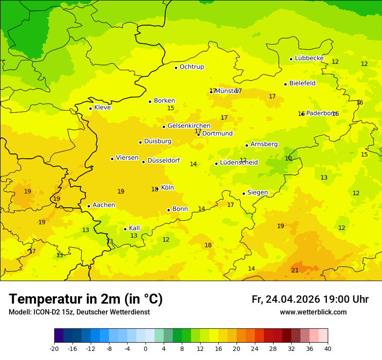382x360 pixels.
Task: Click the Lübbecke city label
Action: click(x=309, y=58)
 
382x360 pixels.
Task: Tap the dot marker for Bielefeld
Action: click(x=286, y=84)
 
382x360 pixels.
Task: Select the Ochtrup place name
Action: click(x=191, y=67)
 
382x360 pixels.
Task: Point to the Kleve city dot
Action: click(x=90, y=108)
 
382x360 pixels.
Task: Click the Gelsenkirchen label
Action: click(x=189, y=126)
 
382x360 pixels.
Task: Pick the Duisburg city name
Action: click(x=158, y=141)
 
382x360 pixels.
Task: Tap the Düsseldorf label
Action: click(x=163, y=160)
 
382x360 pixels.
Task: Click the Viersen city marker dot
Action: click(x=112, y=159)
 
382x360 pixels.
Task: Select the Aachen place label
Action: click(x=104, y=205)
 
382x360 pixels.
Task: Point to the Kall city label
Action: click(x=134, y=228)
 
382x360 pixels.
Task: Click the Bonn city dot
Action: click(x=169, y=210)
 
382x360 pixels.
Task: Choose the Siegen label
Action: click(x=257, y=193)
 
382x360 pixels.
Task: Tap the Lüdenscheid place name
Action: click(x=239, y=163)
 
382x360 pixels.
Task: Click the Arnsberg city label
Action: click(x=264, y=144)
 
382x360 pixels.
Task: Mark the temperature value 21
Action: click(x=295, y=270)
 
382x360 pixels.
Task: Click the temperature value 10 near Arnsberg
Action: click(x=288, y=158)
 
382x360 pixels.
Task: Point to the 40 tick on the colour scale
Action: click(x=328, y=348)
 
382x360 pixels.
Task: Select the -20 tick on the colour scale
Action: click(x=54, y=348)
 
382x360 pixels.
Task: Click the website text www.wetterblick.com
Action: click(x=313, y=312)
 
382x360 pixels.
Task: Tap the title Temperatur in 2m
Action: click(x=86, y=299)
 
